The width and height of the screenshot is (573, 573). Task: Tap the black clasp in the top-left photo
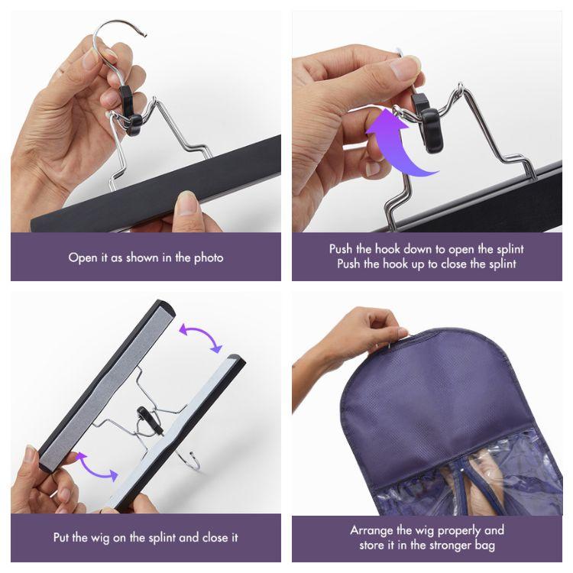click(x=130, y=113)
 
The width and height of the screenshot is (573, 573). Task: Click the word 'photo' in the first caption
click(x=207, y=257)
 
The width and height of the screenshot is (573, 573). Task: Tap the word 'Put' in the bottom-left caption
click(x=63, y=537)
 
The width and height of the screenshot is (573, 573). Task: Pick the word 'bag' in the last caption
click(x=484, y=545)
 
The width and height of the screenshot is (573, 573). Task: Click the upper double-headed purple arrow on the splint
click(x=200, y=337)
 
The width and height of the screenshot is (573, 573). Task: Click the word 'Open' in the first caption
click(x=83, y=257)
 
